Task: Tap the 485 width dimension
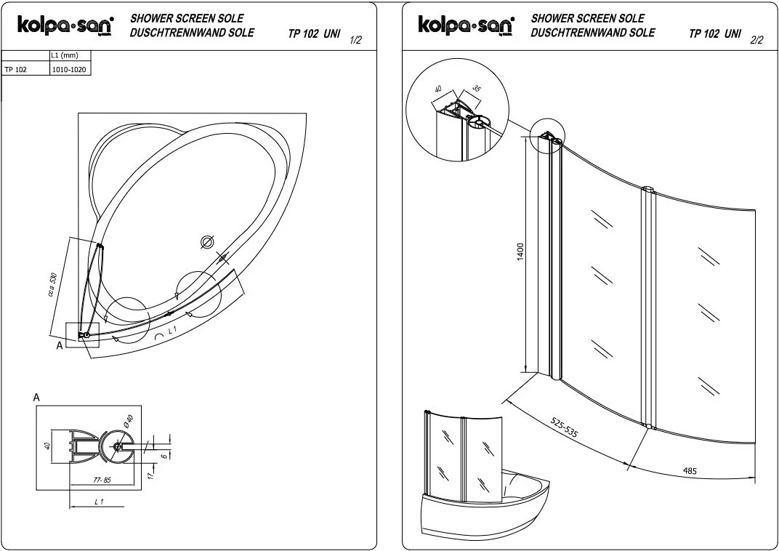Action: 690,471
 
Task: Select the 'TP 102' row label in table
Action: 16,71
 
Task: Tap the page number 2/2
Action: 756,40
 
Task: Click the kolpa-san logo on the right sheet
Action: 465,25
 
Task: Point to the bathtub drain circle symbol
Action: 206,242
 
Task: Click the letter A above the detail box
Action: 36,398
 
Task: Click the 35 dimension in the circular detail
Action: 477,89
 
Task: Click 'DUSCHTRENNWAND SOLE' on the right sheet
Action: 592,33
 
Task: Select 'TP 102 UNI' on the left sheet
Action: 314,34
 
